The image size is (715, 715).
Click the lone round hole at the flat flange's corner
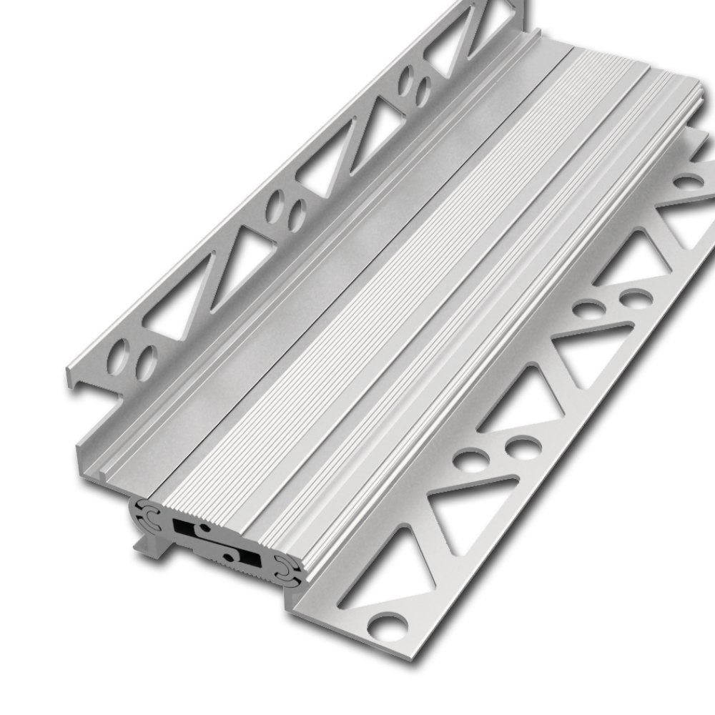tap(387, 625)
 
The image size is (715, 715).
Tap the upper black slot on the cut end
tap(187, 526)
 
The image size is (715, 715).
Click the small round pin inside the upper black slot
tap(204, 528)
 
